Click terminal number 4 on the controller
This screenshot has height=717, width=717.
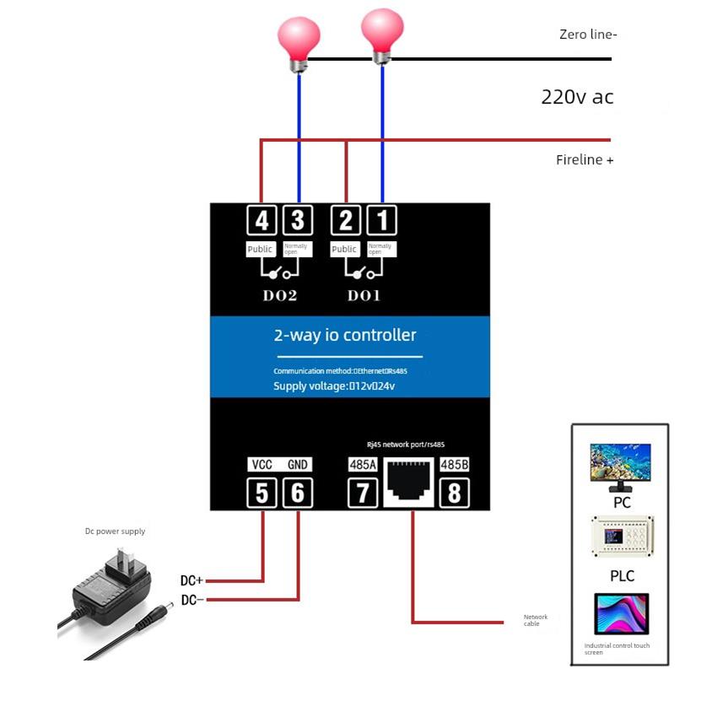tap(262, 221)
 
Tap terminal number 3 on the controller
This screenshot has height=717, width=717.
tap(297, 221)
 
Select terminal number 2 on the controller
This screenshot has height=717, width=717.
tap(346, 221)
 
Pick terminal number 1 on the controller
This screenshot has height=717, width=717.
tap(381, 221)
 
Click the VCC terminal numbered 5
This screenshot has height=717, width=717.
tap(262, 493)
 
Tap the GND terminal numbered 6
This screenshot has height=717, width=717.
tap(297, 493)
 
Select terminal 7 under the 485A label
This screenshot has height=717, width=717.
tap(363, 493)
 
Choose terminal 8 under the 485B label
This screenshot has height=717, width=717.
tap(454, 493)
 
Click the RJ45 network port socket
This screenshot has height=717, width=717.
tap(408, 482)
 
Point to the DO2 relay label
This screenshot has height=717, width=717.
tap(280, 296)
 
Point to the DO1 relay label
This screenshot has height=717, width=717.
tap(364, 296)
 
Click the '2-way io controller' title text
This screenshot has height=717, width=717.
tap(345, 335)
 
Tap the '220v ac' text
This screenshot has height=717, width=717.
tap(577, 97)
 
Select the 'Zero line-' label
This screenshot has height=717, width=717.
tap(588, 35)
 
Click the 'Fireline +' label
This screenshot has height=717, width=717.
tap(585, 159)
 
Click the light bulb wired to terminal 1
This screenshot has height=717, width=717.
tap(382, 32)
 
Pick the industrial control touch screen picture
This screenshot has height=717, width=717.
tap(621, 614)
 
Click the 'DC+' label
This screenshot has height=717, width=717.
tap(191, 580)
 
